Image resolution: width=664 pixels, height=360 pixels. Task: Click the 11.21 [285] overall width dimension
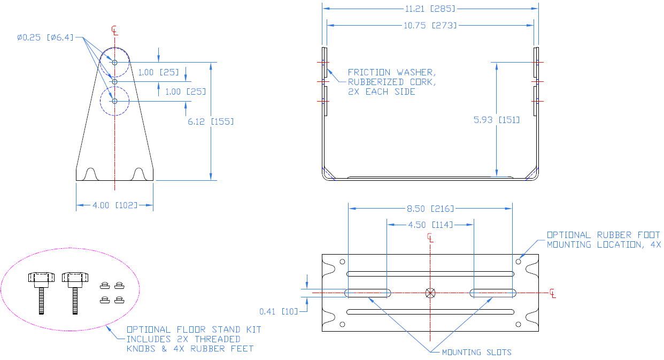click(x=430, y=9)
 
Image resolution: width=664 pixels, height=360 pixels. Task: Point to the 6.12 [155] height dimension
click(x=211, y=121)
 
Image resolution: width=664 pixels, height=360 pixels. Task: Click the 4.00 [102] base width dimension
click(x=115, y=205)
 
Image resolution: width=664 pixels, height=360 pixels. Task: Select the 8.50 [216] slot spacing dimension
click(x=430, y=209)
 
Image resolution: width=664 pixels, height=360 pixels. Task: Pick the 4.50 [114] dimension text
click(x=430, y=224)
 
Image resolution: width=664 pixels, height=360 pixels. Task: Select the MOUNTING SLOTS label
click(x=476, y=352)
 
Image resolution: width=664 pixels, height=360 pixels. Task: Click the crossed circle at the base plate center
click(x=431, y=293)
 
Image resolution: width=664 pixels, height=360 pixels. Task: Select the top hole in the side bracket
click(x=114, y=63)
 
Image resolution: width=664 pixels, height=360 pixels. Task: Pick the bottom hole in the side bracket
click(x=114, y=101)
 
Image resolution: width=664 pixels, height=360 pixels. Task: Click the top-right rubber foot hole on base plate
click(x=518, y=262)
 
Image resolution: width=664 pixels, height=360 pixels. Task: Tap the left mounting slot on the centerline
click(x=367, y=293)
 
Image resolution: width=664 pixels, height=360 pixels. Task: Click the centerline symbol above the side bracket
click(x=114, y=30)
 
